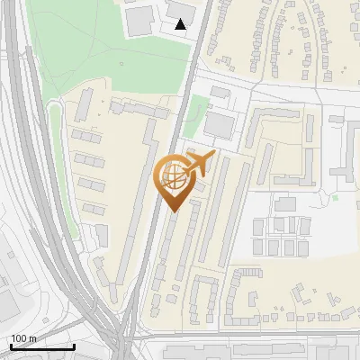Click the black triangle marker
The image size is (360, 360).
tap(181, 24)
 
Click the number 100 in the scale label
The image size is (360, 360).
tap(19, 338)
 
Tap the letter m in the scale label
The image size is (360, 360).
tap(32, 338)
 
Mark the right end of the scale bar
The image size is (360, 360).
tap(74, 346)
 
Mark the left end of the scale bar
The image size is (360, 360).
tap(11, 346)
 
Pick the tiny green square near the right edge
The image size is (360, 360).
tap(335, 197)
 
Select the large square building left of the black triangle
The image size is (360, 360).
tap(140, 22)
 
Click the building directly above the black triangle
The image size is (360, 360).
tap(181, 8)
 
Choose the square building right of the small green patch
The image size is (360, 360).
tap(221, 123)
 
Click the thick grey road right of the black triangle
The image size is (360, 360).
tap(199, 36)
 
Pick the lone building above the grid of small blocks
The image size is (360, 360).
tap(285, 204)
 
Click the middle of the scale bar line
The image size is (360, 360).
tap(42, 346)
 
